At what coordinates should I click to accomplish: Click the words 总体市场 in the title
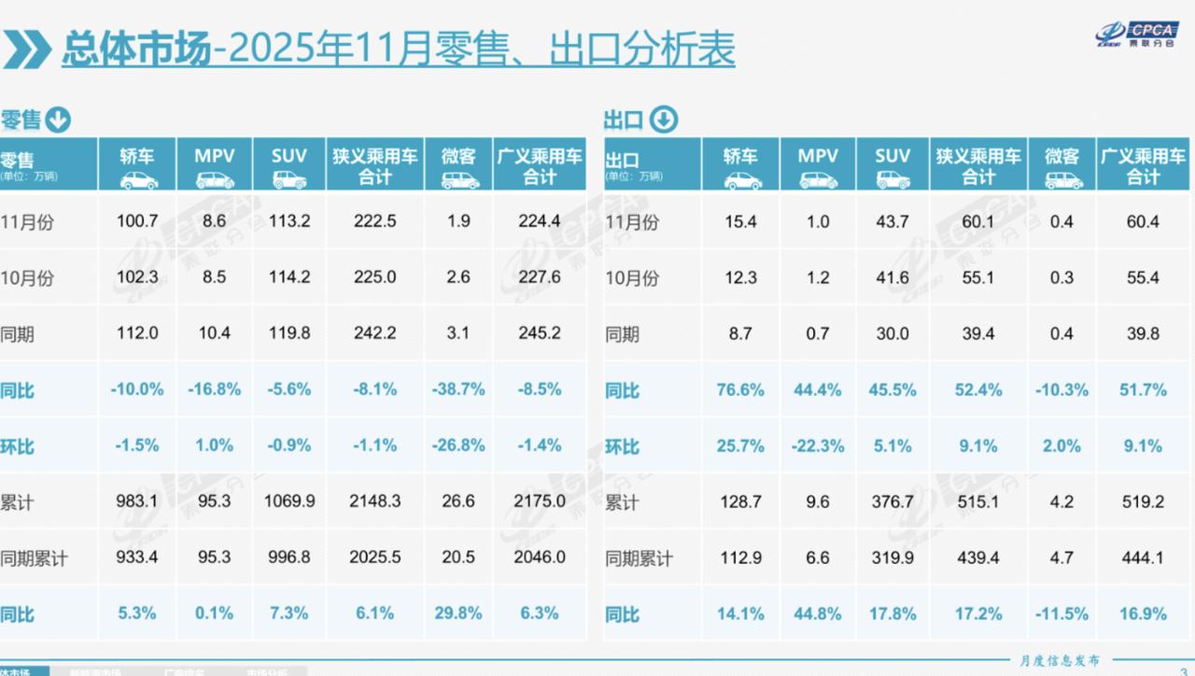click(134, 48)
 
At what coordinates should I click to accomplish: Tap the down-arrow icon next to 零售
click(58, 120)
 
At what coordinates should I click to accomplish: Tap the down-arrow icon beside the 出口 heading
click(663, 120)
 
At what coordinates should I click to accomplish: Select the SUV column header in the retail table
click(288, 164)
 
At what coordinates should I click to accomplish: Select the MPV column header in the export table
click(818, 164)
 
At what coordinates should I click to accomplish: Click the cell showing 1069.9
click(288, 501)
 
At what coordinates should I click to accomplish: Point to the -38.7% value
click(458, 389)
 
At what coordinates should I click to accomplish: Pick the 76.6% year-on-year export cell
click(740, 389)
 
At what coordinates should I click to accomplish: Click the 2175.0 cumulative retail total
click(540, 501)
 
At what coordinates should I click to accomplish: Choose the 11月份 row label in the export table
click(632, 222)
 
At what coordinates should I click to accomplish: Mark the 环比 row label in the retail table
click(18, 446)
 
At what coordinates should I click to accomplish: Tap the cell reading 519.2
click(1143, 501)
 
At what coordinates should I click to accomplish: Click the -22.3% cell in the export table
click(818, 446)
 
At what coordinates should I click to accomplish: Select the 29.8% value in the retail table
click(458, 613)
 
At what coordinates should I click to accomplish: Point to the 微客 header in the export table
click(1061, 164)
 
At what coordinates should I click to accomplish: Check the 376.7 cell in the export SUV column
click(893, 501)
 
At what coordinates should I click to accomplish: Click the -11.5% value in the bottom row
click(1061, 613)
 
